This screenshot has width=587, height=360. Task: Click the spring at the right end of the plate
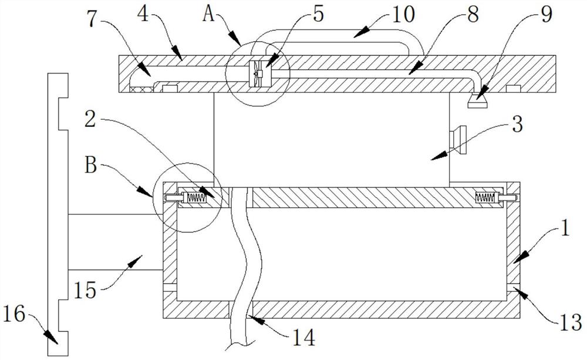click(486, 198)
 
